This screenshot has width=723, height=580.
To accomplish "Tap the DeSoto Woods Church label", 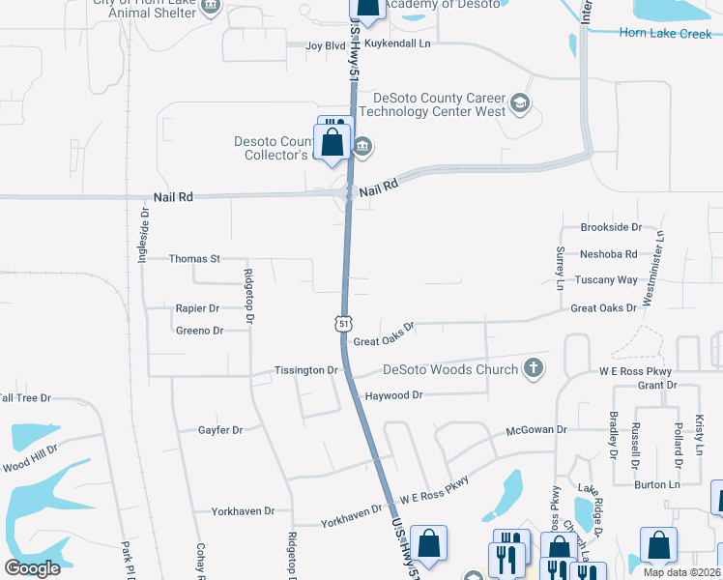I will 451,368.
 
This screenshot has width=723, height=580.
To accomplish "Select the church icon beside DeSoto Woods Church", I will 532,367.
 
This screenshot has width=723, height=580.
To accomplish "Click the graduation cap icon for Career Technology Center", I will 520,103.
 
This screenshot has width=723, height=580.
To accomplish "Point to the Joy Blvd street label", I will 326,45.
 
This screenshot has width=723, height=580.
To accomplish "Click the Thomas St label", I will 195,259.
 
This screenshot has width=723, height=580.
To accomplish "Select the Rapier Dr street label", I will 197,308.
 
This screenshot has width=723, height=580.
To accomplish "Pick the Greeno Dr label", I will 199,331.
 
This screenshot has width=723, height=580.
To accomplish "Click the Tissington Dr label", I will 305,370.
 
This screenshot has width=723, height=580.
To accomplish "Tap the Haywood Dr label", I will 393,395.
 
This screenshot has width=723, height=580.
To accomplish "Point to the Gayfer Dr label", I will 220,430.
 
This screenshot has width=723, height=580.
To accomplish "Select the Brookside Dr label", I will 611,227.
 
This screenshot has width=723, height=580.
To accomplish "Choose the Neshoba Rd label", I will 608,254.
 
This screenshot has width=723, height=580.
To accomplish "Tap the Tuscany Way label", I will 606,279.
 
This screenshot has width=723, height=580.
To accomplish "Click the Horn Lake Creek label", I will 666,34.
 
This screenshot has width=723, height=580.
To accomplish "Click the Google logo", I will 32,567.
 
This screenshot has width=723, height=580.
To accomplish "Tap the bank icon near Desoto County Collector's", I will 362,147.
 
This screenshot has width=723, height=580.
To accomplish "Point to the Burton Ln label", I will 657,484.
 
